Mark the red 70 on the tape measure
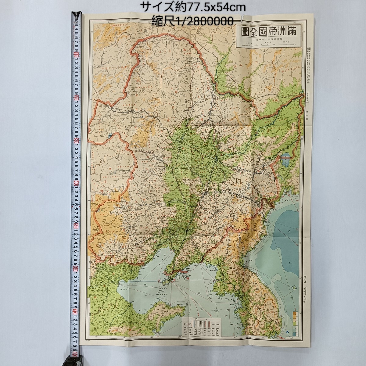[x=75, y=314]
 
